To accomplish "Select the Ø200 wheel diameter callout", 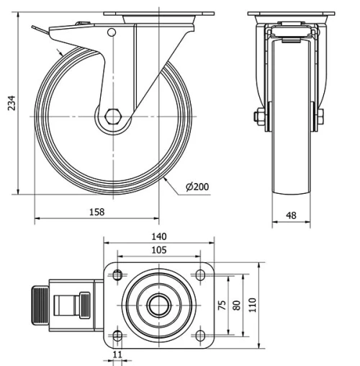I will [197, 187].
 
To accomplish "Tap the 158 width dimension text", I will [96, 211].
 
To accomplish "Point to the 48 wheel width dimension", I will [292, 215].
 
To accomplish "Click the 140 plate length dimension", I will [158, 236].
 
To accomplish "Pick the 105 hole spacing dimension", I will [158, 250].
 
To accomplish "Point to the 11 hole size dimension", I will [117, 355].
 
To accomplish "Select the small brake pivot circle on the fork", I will [111, 32].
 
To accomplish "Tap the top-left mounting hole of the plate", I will [117, 274].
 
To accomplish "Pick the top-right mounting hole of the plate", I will [199, 274].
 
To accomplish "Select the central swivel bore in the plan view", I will [158, 305].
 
